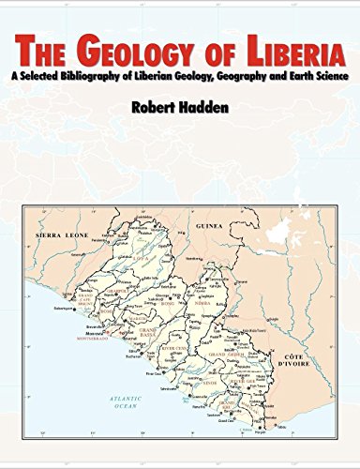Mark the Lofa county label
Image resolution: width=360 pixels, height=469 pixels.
(x=142, y=251)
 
